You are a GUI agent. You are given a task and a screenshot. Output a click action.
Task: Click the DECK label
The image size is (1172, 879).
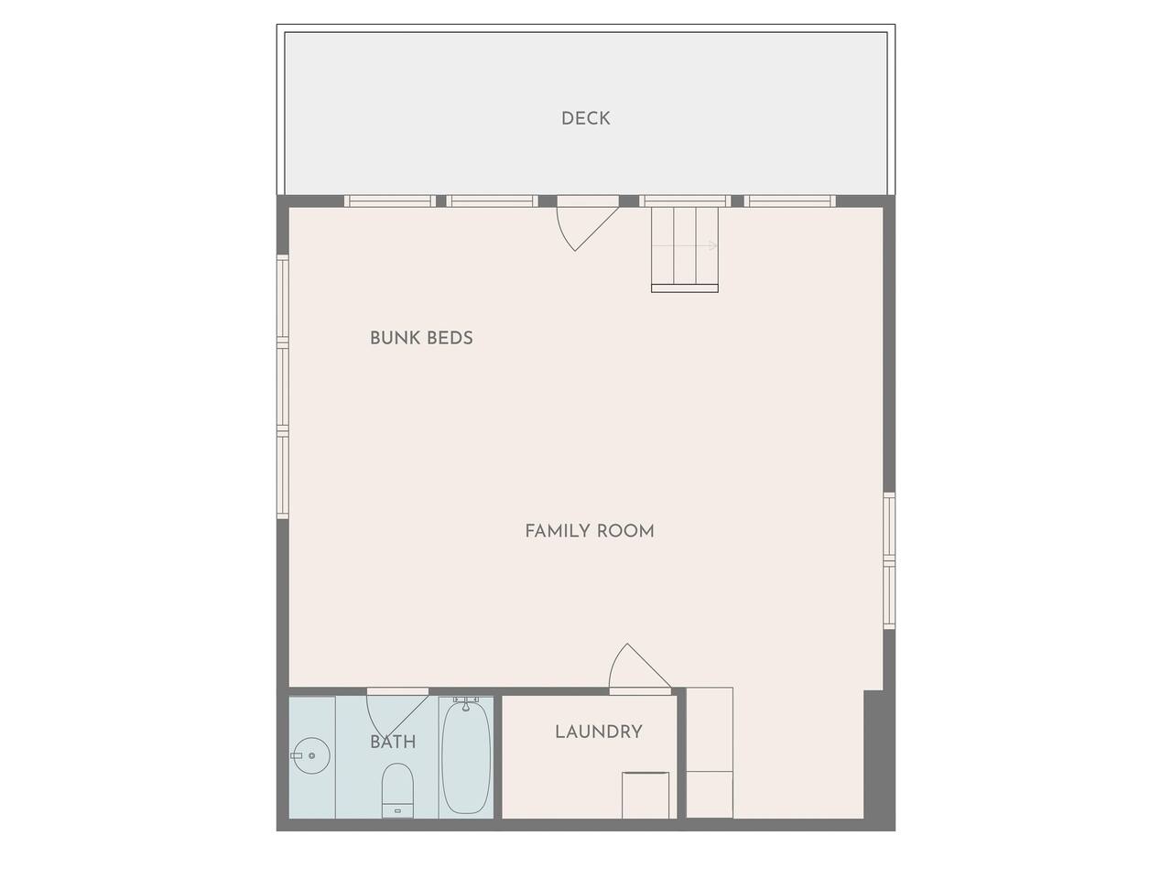[585, 118]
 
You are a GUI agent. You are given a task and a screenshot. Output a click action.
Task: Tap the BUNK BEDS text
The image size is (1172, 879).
[421, 338]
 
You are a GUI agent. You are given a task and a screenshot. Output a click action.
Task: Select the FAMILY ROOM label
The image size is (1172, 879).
[590, 531]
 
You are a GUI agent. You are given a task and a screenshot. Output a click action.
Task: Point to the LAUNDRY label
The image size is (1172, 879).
[599, 732]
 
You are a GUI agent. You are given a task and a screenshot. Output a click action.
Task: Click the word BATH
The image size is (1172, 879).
[393, 742]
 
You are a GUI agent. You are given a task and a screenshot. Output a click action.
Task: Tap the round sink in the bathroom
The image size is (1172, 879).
[309, 755]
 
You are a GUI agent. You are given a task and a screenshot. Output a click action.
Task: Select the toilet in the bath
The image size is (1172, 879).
[397, 790]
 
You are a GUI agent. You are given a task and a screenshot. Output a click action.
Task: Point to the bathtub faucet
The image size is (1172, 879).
[466, 703]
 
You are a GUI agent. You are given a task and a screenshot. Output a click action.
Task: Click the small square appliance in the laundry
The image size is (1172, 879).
[646, 795]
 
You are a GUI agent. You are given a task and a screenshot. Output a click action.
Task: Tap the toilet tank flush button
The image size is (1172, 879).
[397, 810]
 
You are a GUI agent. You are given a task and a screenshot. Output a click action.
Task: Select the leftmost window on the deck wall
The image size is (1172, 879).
[390, 201]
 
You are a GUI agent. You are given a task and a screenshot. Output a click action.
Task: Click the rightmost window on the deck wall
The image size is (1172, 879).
[789, 201]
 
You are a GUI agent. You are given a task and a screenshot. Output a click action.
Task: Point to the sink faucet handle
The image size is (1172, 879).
[297, 755]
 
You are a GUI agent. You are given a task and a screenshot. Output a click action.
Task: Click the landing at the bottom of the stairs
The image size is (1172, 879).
[685, 288]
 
